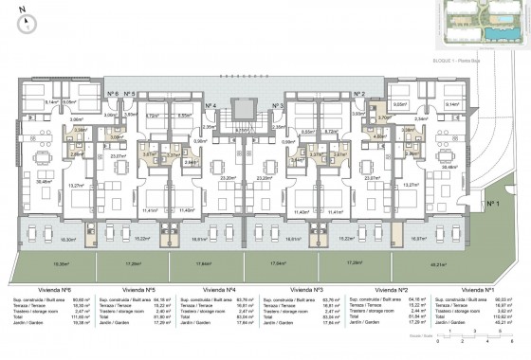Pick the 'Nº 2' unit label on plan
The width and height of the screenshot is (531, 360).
tap(360, 94)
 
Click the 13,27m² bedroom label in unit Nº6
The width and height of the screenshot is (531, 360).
tap(69, 186)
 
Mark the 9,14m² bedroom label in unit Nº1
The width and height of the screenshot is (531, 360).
tap(453, 105)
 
